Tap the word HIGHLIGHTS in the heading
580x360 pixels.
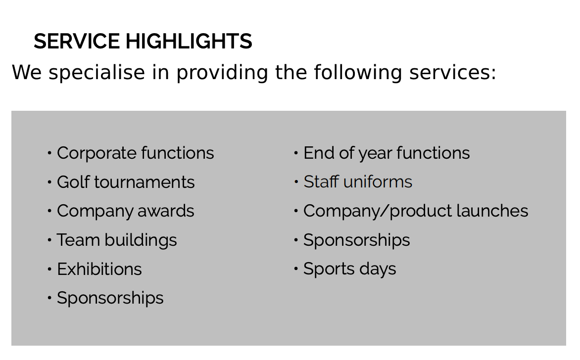pos(189,41)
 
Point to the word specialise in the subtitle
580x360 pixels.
pos(97,73)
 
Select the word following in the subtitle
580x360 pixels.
pos(358,73)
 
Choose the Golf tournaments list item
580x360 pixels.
pos(126,182)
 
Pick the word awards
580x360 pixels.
pos(166,211)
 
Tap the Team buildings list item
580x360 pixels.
pos(117,240)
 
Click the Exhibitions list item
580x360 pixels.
pos(99,269)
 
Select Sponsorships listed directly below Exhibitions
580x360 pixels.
pos(110,298)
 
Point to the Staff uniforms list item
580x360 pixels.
pos(358,182)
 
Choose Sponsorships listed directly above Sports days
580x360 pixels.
pos(357,241)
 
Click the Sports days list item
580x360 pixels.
pos(349,269)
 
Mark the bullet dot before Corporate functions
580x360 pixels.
pos(49,153)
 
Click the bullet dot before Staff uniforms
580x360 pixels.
pos(296,182)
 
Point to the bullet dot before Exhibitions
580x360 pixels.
pos(49,269)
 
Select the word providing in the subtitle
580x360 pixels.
pos(222,73)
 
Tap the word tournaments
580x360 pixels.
pos(145,182)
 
